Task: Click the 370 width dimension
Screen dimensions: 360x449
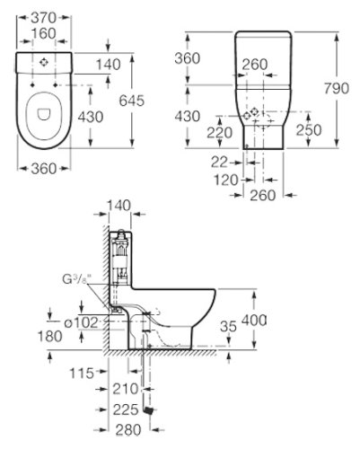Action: [x=44, y=18]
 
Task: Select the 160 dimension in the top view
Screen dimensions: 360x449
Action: [x=44, y=33]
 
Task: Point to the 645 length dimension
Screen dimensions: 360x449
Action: [x=132, y=101]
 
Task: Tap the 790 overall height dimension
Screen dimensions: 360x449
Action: [x=337, y=88]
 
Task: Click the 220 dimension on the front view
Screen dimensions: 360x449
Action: [x=220, y=133]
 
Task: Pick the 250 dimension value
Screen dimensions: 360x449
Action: [x=309, y=130]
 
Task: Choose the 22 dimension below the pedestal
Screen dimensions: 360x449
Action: [x=219, y=163]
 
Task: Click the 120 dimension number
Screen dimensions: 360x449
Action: [x=226, y=180]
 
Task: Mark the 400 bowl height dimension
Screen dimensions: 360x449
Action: [x=254, y=321]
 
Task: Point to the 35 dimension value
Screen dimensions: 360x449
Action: [x=228, y=326]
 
